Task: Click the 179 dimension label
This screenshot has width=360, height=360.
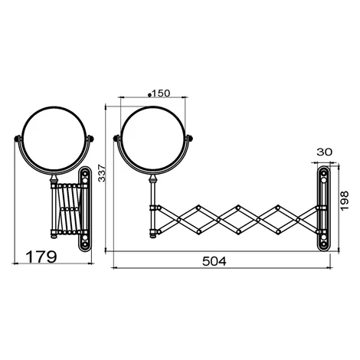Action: pyautogui.click(x=41, y=257)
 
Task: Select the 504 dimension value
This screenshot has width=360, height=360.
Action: pyautogui.click(x=214, y=261)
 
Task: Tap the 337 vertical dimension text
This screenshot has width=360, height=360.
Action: pyautogui.click(x=102, y=173)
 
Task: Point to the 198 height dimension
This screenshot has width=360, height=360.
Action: pyautogui.click(x=345, y=201)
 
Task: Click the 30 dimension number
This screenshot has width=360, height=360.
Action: pyautogui.click(x=325, y=152)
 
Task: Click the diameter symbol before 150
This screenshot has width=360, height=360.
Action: pyautogui.click(x=150, y=95)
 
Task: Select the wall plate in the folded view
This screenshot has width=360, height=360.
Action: pyautogui.click(x=85, y=209)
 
